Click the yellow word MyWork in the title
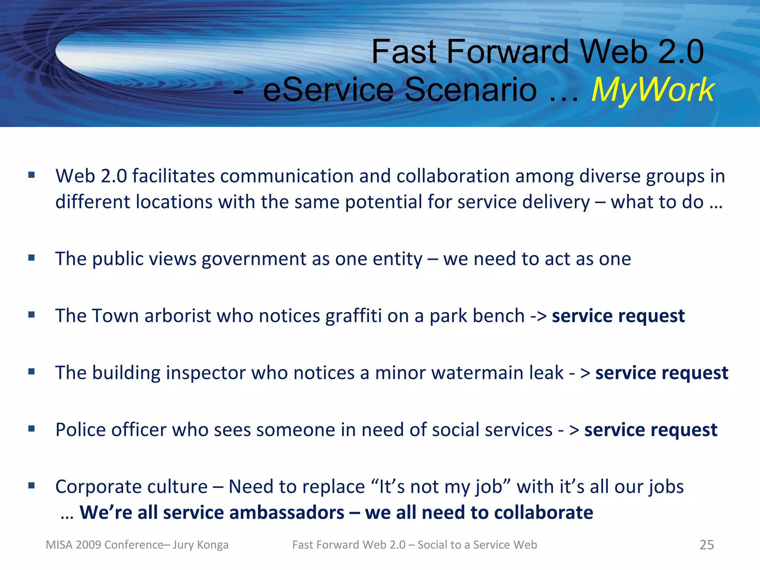coord(653,90)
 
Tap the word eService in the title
coord(328,90)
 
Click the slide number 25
coord(707,545)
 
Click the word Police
coord(81,430)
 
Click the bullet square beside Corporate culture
coord(32,485)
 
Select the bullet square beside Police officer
coord(32,429)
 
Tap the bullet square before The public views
coord(32,258)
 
